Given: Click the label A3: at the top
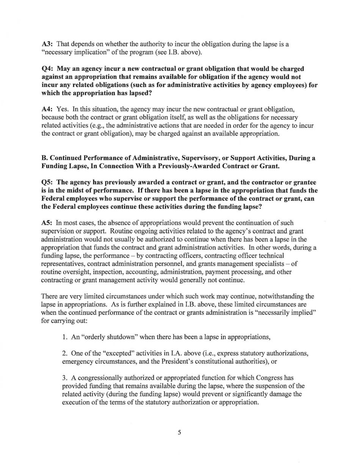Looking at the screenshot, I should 47,44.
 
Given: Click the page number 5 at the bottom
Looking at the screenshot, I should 179,432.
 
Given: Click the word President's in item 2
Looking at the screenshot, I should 178,361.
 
